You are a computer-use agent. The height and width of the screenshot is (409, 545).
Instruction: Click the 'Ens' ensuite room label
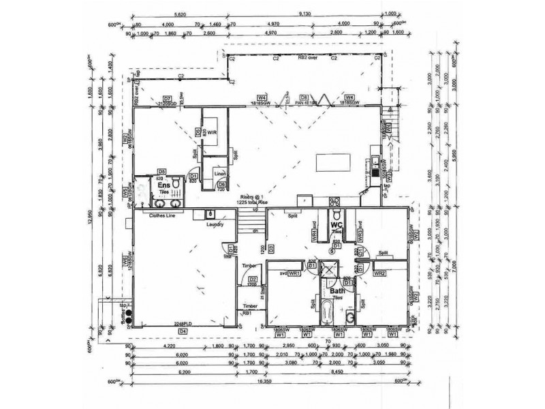coord(163,185)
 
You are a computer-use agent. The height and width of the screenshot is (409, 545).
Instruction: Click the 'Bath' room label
coord(337,291)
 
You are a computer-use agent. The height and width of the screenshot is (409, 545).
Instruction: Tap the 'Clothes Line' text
coord(163,215)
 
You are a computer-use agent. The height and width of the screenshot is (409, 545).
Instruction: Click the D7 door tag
coord(167,99)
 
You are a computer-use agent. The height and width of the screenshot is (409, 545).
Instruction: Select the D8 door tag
coord(306,98)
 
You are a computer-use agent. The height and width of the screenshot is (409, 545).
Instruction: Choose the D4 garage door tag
coord(182,331)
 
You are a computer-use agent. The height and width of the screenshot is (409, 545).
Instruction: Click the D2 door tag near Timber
coord(252,279)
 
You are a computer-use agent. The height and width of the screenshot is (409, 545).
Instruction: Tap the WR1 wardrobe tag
coord(294,273)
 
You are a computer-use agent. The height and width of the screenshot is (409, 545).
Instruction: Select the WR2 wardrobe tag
coord(379,273)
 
